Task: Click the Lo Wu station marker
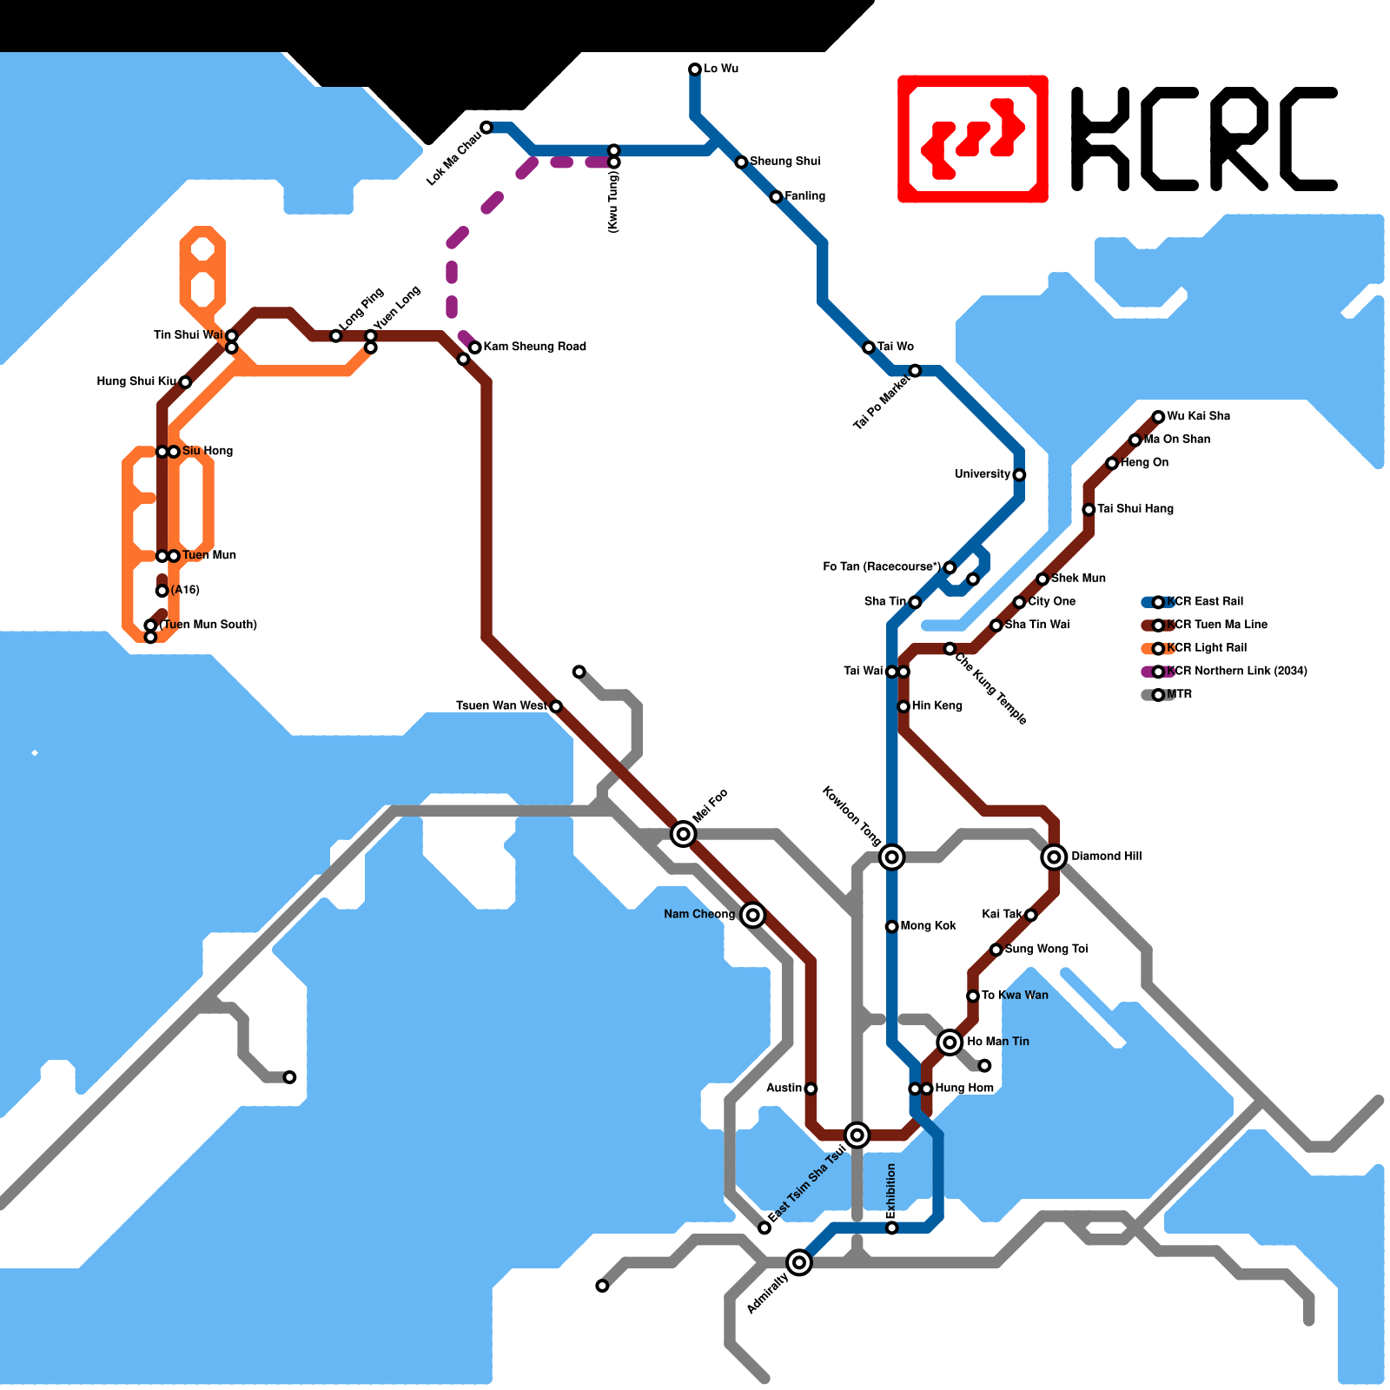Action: [695, 69]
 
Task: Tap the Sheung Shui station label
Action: [784, 162]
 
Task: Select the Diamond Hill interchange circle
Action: [1054, 857]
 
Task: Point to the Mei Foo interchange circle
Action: [684, 834]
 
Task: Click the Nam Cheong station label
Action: [699, 915]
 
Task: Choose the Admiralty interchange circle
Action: [799, 1262]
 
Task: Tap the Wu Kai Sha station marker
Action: [1158, 417]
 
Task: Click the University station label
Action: [983, 474]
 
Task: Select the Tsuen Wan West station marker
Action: [556, 706]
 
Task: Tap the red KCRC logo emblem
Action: [973, 139]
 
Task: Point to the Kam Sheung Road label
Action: [534, 347]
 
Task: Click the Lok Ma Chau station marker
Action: [486, 128]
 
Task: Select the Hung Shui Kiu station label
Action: [136, 381]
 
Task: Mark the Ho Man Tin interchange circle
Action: [950, 1042]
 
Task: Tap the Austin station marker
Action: [811, 1089]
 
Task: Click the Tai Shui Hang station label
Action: [1135, 509]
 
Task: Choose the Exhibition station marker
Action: [891, 1228]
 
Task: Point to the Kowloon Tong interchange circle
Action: [891, 857]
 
